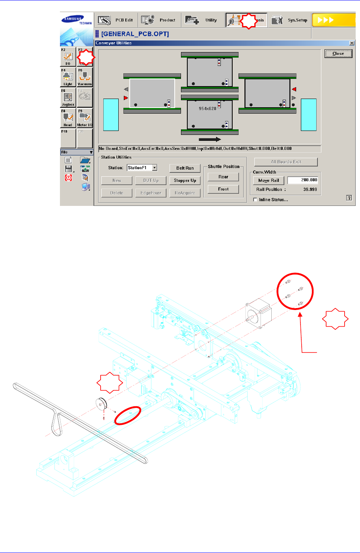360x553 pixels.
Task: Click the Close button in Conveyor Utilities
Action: (338, 54)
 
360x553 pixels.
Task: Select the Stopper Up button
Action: (185, 181)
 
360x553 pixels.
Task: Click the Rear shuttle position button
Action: (223, 177)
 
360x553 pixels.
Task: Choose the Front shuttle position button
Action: (223, 189)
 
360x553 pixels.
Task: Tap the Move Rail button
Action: (269, 180)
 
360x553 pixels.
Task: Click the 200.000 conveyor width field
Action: (302, 180)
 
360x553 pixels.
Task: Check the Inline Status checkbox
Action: (255, 200)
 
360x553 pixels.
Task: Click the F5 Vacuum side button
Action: (84, 77)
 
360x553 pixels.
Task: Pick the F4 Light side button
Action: (68, 77)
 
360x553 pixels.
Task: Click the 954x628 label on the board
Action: (207, 108)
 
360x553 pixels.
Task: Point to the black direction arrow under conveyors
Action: (210, 139)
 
